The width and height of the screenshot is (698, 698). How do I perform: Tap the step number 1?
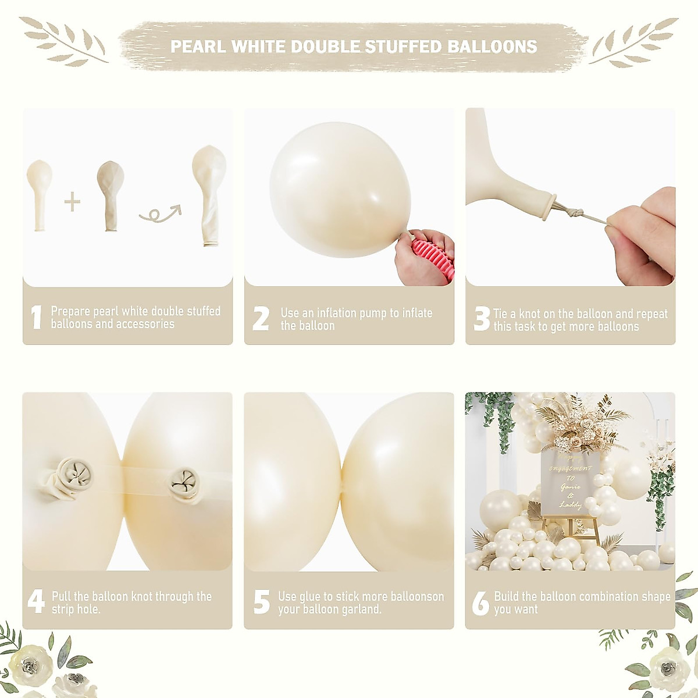(x=36, y=318)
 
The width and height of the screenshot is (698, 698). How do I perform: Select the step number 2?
(x=261, y=319)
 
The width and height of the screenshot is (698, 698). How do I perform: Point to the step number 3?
(x=482, y=319)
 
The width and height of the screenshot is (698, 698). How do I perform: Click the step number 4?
(x=36, y=602)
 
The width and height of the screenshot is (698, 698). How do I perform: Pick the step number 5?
(x=261, y=602)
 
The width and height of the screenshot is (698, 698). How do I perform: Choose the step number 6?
(x=480, y=603)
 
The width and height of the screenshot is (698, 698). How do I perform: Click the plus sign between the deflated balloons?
(x=72, y=202)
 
